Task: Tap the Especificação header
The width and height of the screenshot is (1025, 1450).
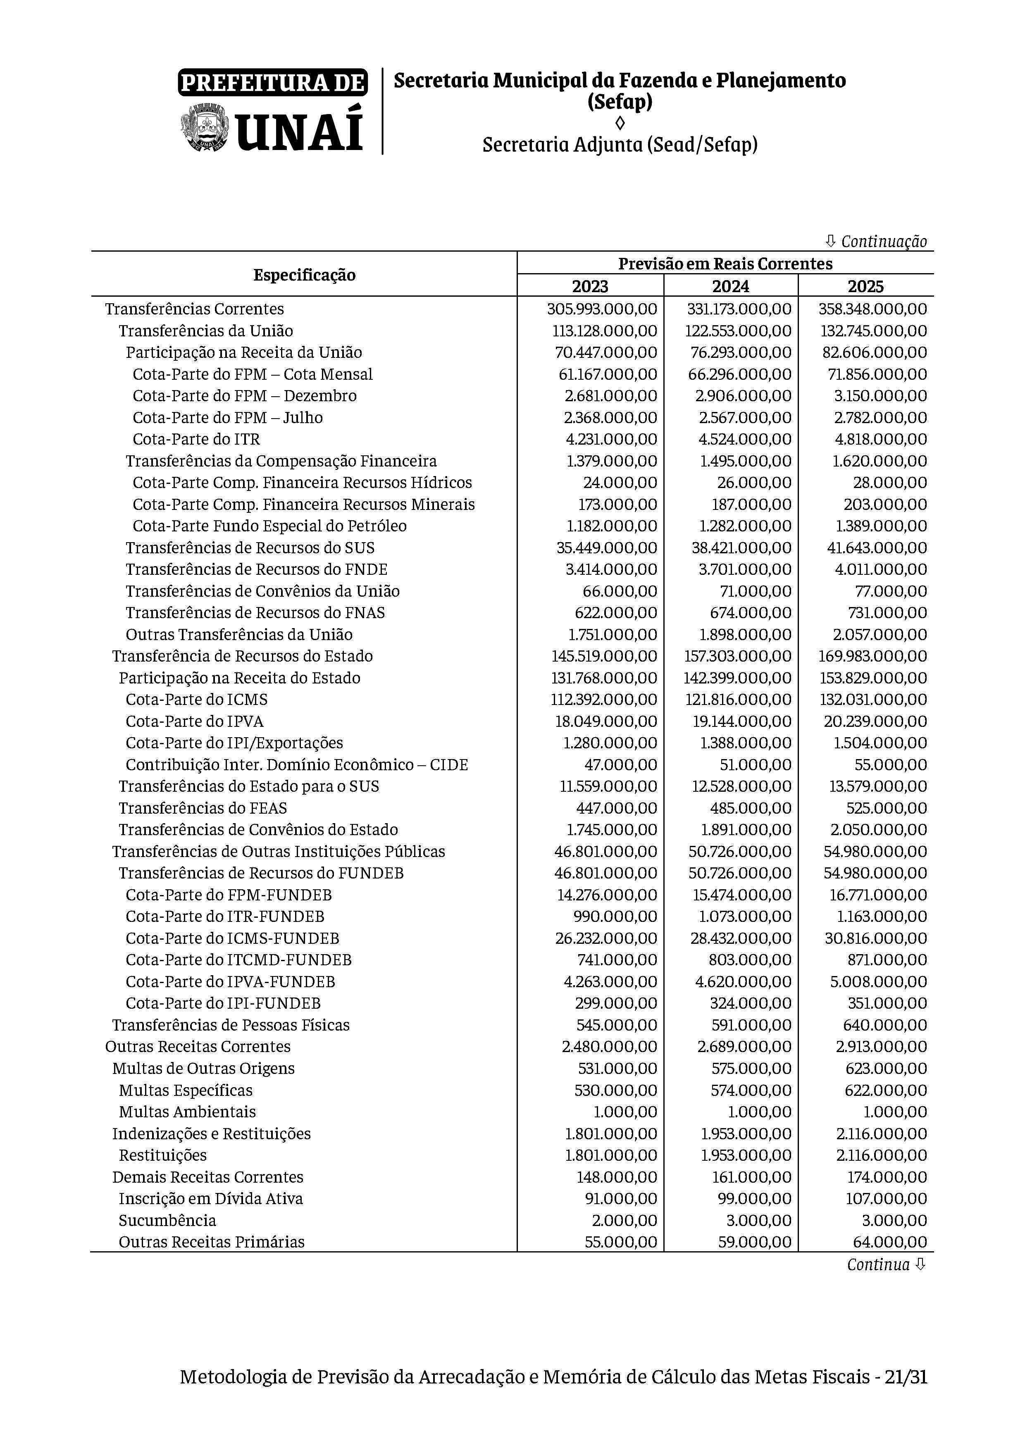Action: click(x=305, y=275)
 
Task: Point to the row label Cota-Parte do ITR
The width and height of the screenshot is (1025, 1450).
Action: click(x=196, y=439)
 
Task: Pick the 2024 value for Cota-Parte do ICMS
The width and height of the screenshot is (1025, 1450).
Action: click(x=738, y=699)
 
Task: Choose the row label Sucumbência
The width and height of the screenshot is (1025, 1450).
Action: click(x=167, y=1221)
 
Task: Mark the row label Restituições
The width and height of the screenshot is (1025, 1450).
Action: click(x=163, y=1155)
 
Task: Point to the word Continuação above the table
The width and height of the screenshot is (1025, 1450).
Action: click(x=884, y=241)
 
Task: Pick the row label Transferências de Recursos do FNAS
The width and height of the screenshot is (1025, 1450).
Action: click(x=255, y=612)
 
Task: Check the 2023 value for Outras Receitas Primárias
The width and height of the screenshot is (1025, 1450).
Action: click(x=621, y=1242)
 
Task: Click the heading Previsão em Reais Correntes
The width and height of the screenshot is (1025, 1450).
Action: click(x=725, y=263)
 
